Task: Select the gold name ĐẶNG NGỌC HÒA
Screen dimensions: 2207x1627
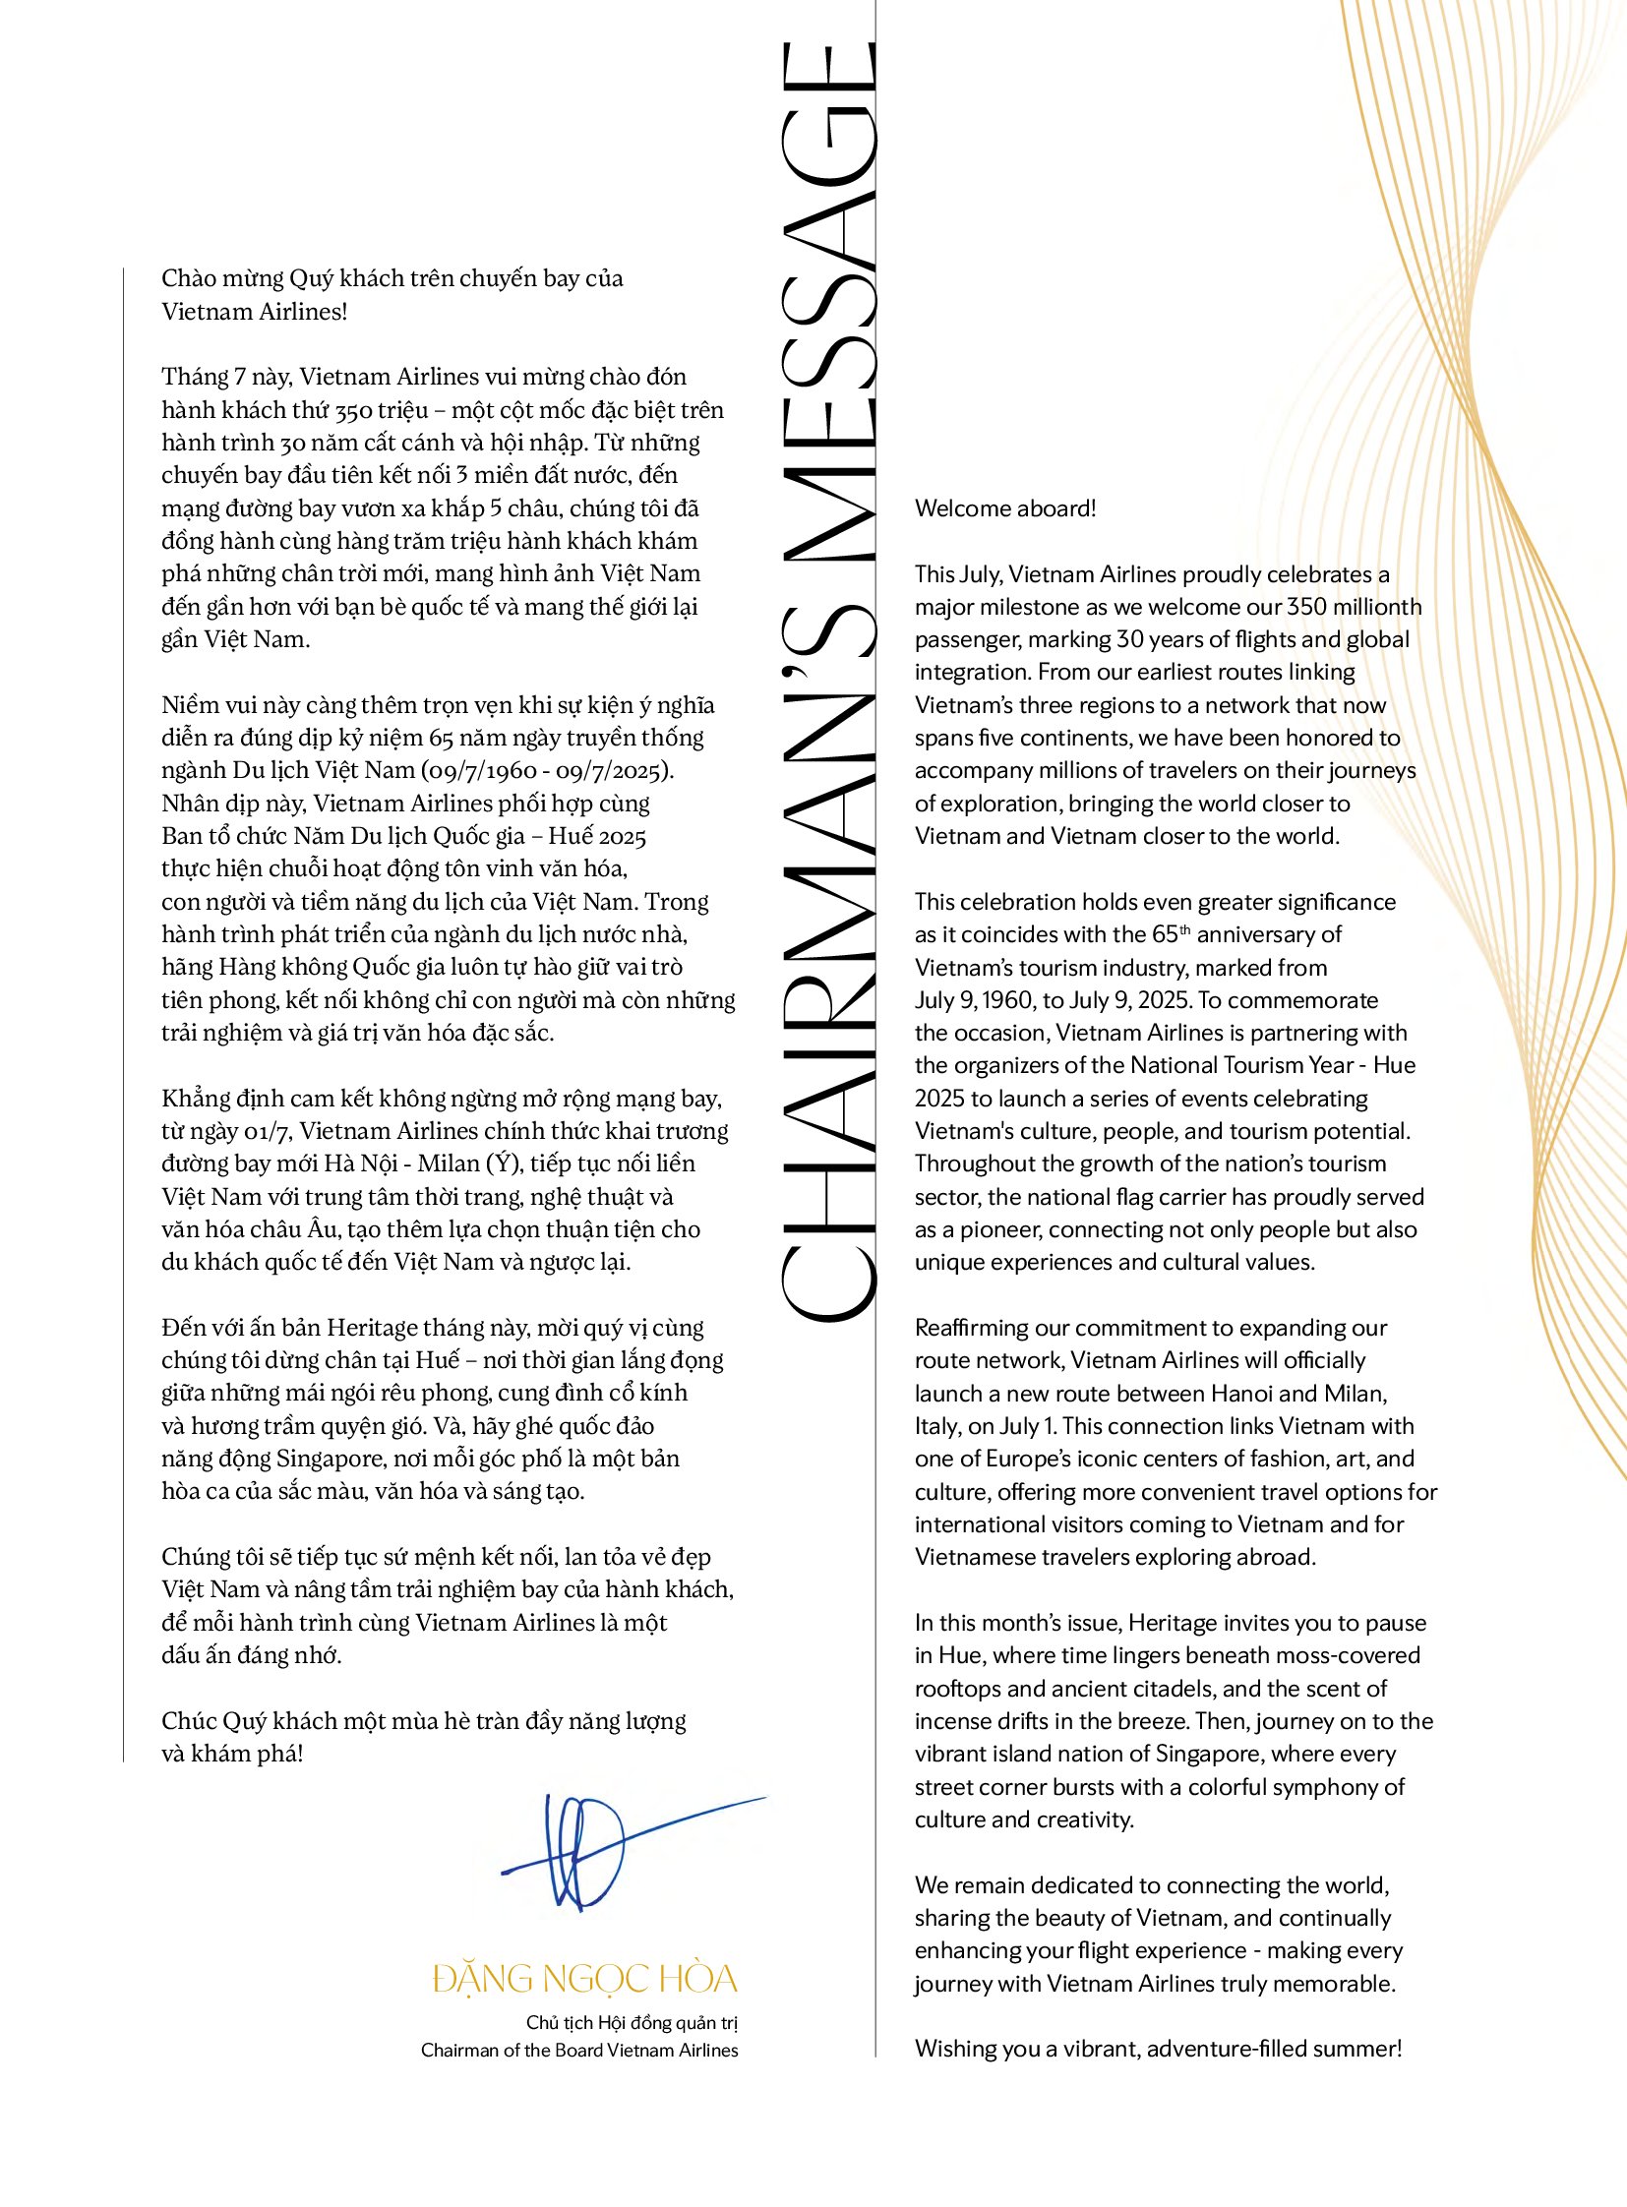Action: pos(585,1979)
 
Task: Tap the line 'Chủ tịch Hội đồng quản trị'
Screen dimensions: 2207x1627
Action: pos(632,2023)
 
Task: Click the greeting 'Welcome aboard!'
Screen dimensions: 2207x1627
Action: pos(1004,508)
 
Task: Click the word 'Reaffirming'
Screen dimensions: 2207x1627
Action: pos(974,1328)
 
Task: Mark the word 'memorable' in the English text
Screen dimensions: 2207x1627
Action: pos(1344,1983)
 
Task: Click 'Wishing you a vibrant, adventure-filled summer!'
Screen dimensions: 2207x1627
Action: pos(1157,2049)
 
